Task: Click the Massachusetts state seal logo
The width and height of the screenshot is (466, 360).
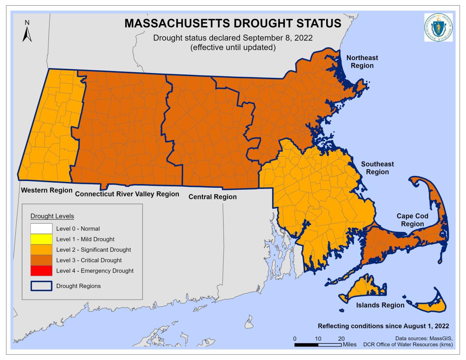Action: [x=438, y=27]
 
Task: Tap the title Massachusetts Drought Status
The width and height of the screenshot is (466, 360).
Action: [x=233, y=23]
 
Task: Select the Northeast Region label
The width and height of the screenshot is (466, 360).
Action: [x=362, y=62]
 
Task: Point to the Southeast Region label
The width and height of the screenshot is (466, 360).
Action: [x=377, y=168]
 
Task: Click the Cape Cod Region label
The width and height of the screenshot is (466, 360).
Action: [x=412, y=220]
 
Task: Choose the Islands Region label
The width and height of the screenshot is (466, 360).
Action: [x=380, y=305]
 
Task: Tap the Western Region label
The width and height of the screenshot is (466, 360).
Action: [x=47, y=190]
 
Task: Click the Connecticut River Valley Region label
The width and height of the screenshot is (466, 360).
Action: [x=127, y=194]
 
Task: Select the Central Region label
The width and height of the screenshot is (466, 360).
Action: [x=212, y=197]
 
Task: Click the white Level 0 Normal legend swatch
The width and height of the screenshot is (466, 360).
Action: [x=41, y=228]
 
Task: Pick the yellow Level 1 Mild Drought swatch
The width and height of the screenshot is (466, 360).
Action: [x=41, y=239]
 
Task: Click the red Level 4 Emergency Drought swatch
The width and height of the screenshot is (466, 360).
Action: [x=41, y=271]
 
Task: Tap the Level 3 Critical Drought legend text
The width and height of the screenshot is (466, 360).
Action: [x=89, y=260]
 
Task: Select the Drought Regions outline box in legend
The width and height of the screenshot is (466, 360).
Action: [x=41, y=286]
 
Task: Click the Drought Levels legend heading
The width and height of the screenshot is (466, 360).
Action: [x=52, y=216]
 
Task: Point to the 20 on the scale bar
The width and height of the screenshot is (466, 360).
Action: [x=341, y=339]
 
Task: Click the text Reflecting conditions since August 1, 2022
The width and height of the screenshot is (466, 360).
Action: [x=383, y=326]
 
